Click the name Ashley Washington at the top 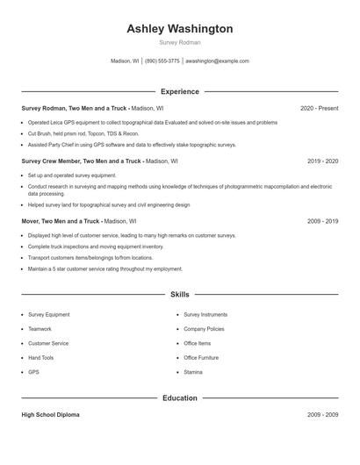179,29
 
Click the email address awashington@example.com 217,61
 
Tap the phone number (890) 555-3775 162,61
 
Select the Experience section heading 179,91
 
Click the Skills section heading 179,295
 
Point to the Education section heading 179,398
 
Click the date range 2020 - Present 319,108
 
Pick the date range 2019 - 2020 322,161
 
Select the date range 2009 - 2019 322,221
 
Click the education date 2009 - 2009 322,415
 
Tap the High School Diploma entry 50,415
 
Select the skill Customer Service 48,343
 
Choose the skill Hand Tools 40,358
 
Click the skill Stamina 193,372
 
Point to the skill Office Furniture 201,358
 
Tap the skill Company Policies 204,329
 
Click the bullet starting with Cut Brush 83,133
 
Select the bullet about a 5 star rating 104,269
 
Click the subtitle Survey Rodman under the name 179,42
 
